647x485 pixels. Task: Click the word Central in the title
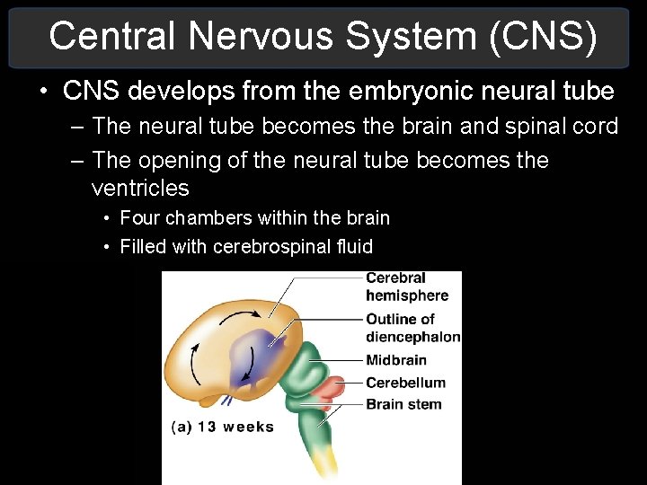pyautogui.click(x=110, y=36)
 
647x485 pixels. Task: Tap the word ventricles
pyautogui.click(x=140, y=189)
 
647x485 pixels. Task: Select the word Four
pyautogui.click(x=140, y=218)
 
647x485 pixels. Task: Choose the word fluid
pyautogui.click(x=355, y=247)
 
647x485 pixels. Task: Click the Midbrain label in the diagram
pyautogui.click(x=396, y=360)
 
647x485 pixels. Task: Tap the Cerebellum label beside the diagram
pyautogui.click(x=405, y=382)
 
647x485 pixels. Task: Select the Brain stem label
pyautogui.click(x=403, y=404)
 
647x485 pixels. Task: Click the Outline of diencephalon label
pyautogui.click(x=412, y=328)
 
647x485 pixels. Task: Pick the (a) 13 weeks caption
pyautogui.click(x=222, y=427)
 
